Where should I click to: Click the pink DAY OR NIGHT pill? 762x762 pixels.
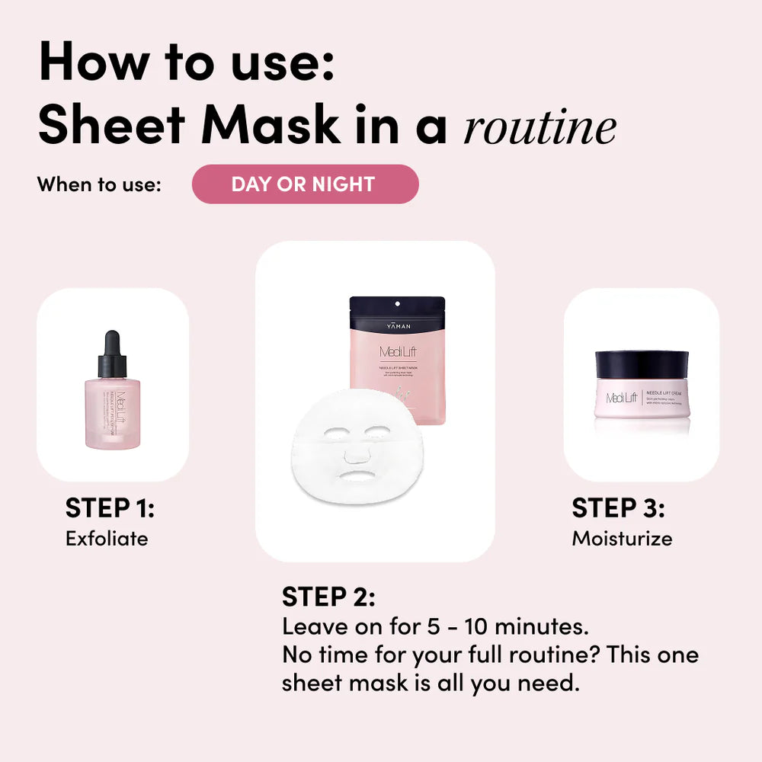click(305, 184)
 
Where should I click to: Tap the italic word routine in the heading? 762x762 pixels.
click(539, 127)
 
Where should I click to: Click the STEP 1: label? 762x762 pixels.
click(110, 507)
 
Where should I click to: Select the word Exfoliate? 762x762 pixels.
click(107, 538)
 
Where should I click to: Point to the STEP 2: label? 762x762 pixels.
click(328, 597)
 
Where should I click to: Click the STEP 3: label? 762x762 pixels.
click(618, 507)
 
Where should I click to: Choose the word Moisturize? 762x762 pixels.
click(622, 538)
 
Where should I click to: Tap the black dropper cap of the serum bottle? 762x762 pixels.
click(112, 354)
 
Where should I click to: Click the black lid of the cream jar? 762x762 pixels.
click(642, 364)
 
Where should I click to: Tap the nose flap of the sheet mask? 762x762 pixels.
click(357, 454)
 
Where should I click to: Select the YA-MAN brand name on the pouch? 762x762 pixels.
click(397, 325)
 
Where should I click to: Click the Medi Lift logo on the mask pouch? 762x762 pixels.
click(397, 352)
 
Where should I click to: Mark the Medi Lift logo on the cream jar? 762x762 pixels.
click(622, 398)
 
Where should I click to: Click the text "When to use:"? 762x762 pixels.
click(99, 184)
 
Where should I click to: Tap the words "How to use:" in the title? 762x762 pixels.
click(187, 62)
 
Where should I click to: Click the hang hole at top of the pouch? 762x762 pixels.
click(397, 304)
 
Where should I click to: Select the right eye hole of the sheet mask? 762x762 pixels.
click(377, 431)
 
